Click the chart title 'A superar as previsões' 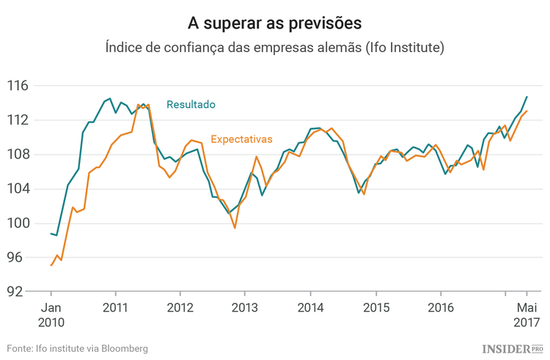274,23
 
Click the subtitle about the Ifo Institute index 274,48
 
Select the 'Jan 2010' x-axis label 51,315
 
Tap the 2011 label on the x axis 116,307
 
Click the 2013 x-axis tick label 246,307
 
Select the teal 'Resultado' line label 191,105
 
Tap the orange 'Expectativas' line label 241,139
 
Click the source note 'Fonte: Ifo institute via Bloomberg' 78,348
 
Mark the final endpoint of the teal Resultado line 527,97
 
